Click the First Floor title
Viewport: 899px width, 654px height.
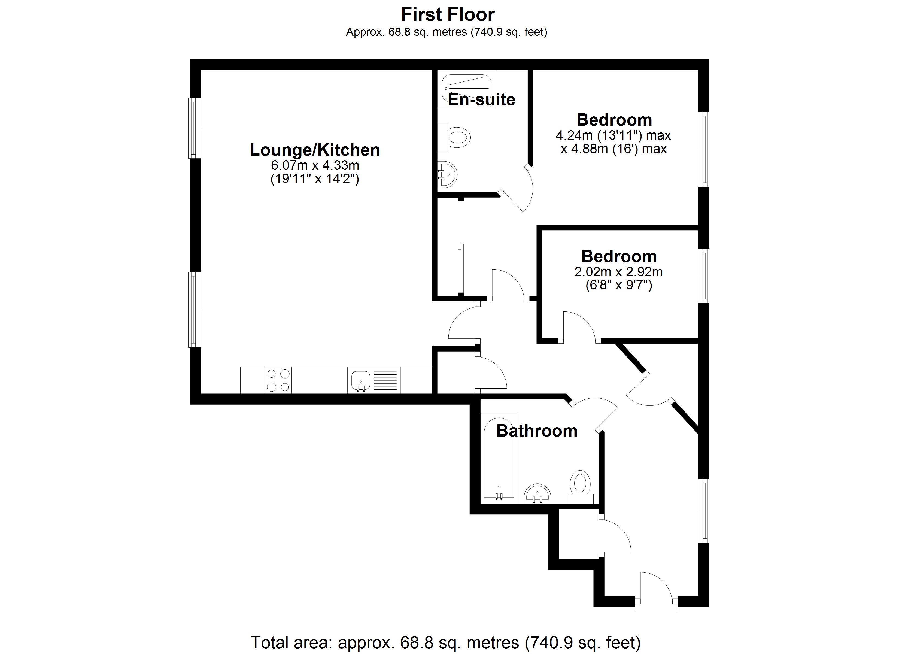(448, 15)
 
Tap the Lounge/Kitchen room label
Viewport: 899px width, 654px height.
(315, 150)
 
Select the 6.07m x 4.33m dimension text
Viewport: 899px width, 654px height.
(315, 165)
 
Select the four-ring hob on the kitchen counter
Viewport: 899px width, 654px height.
(278, 380)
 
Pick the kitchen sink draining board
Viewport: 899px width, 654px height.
(385, 380)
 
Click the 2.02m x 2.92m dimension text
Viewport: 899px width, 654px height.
(618, 272)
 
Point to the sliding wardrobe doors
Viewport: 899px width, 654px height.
(460, 248)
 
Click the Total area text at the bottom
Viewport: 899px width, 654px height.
(445, 642)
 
